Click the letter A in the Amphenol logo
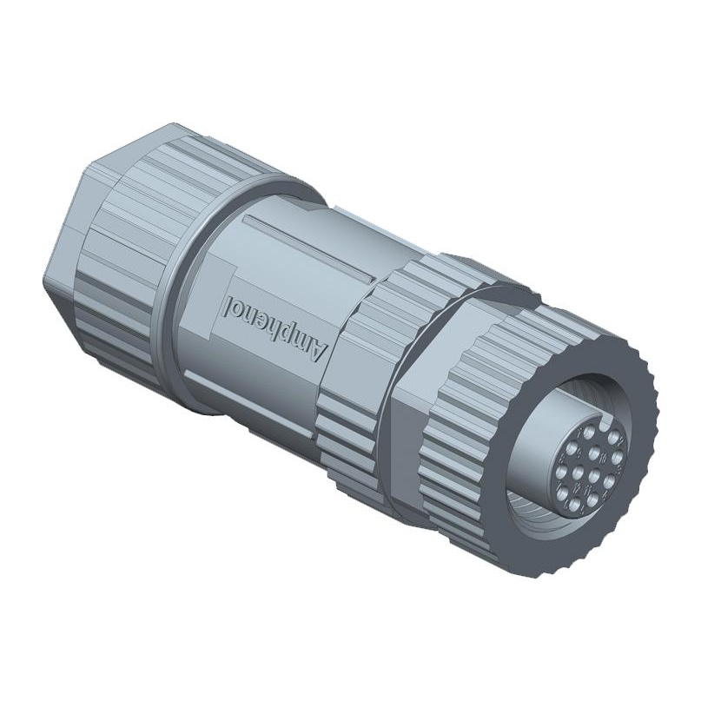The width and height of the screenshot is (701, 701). tap(318, 347)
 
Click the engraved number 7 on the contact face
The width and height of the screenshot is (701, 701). tap(580, 433)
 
